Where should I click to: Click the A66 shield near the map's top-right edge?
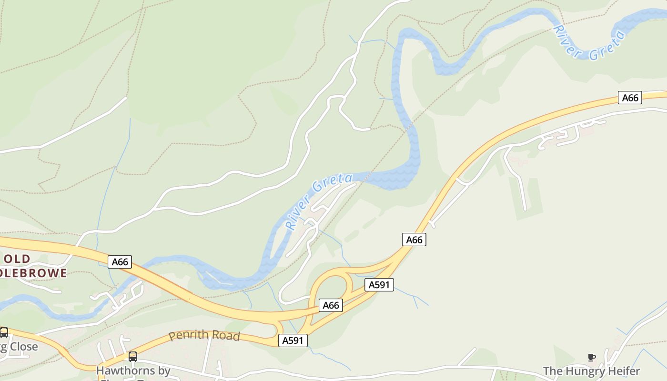pos(630,98)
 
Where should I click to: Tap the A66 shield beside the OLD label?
pos(120,261)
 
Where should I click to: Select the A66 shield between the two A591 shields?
pos(331,305)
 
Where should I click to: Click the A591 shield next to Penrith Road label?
pos(293,340)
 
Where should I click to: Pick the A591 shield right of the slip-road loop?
pos(379,285)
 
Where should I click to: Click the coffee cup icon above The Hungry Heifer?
pos(591,357)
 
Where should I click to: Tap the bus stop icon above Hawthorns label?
pos(133,356)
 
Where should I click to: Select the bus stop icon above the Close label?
pos(3,332)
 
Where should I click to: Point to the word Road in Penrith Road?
pos(223,336)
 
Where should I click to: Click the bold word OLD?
pos(17,259)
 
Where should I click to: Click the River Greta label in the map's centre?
pos(319,201)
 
